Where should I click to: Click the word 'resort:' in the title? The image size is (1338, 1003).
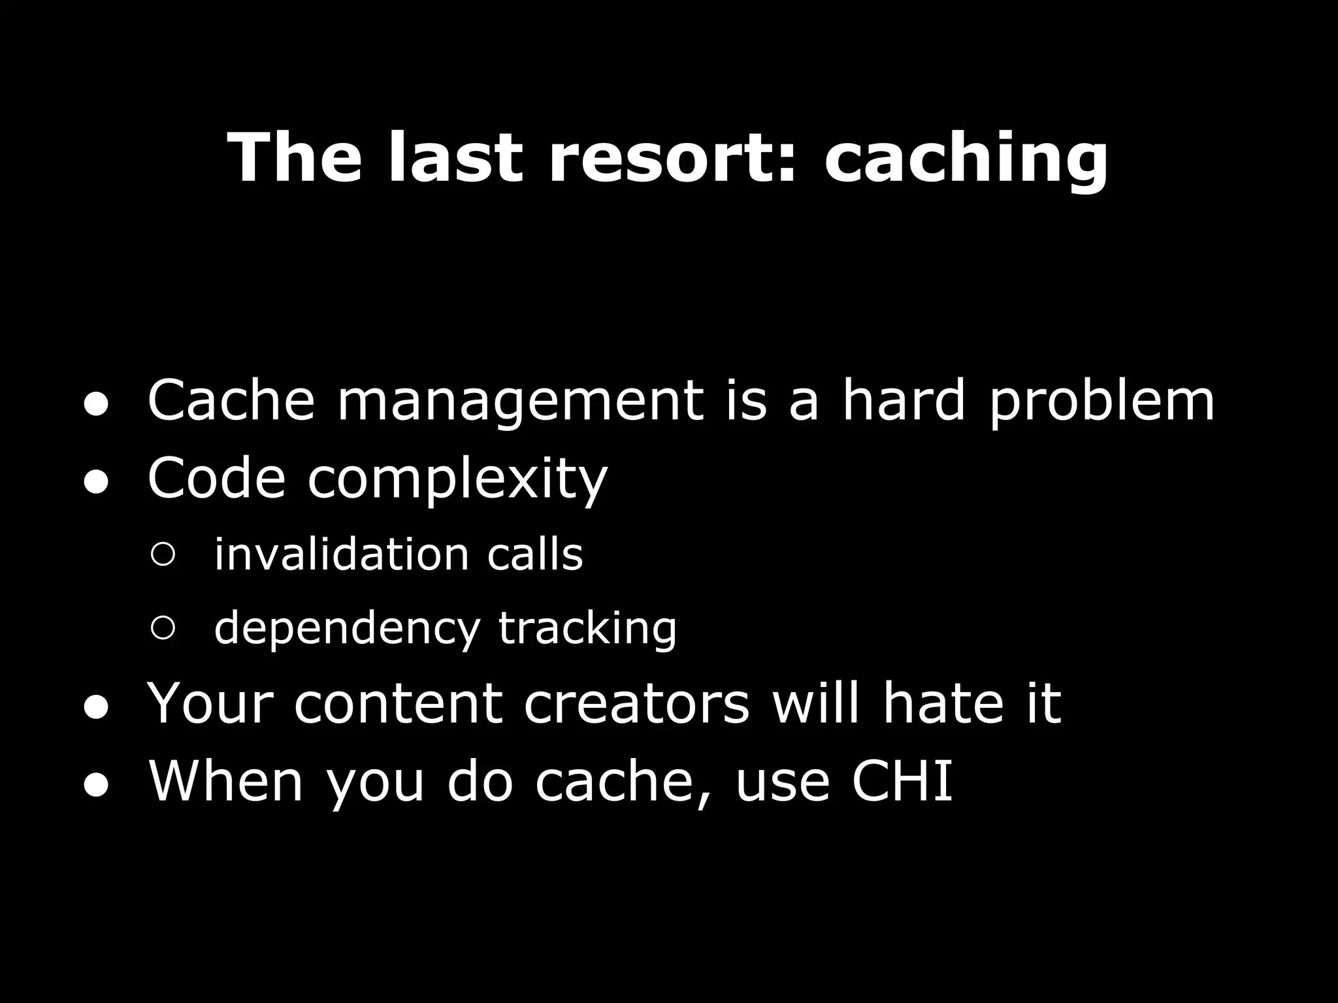click(x=674, y=159)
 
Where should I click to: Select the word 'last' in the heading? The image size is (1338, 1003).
click(x=455, y=159)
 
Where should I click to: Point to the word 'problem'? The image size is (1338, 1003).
click(x=1101, y=402)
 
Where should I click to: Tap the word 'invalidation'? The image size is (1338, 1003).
click(x=342, y=555)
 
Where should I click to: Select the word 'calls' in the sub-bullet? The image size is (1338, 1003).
click(x=534, y=555)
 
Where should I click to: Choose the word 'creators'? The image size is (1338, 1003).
click(x=636, y=704)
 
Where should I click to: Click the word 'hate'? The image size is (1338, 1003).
click(x=943, y=704)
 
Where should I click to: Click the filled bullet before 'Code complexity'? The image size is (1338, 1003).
click(x=95, y=484)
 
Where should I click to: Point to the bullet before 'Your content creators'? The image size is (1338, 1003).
click(x=95, y=710)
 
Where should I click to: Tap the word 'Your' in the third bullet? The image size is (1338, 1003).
click(x=210, y=704)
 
